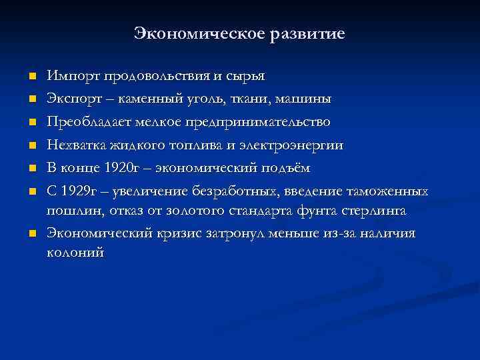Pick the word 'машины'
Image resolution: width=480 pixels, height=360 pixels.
pyautogui.click(x=304, y=99)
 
